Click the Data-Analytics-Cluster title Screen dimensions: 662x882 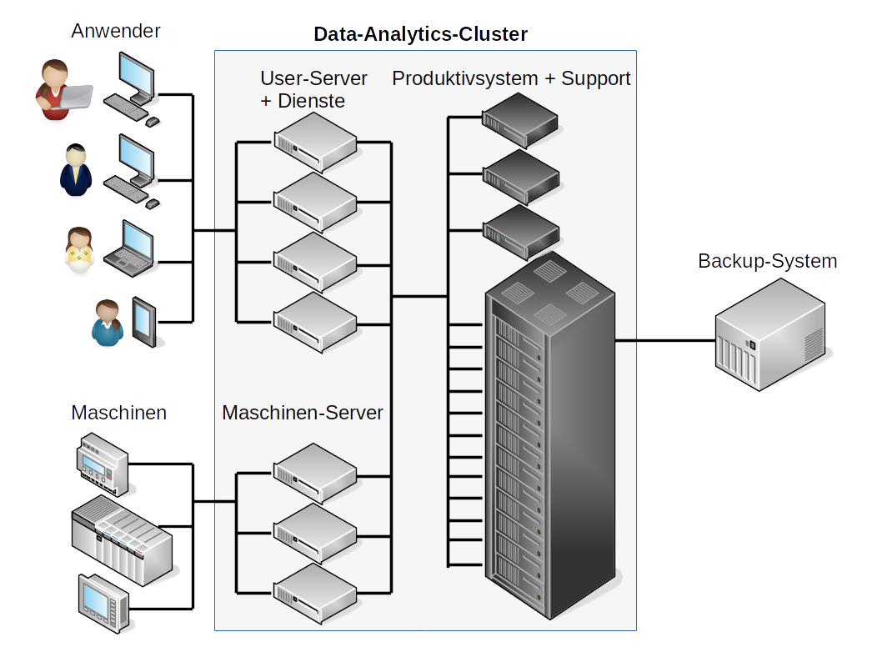click(420, 34)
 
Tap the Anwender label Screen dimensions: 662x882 click(116, 32)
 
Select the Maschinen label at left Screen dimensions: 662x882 click(118, 413)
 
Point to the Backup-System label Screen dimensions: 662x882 click(767, 261)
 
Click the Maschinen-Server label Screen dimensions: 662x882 click(303, 413)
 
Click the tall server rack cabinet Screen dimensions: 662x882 click(549, 425)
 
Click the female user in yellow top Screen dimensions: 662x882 click(78, 250)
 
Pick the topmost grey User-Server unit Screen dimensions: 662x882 click(315, 141)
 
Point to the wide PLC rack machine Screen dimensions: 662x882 click(122, 537)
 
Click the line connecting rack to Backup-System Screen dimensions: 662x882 click(664, 340)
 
